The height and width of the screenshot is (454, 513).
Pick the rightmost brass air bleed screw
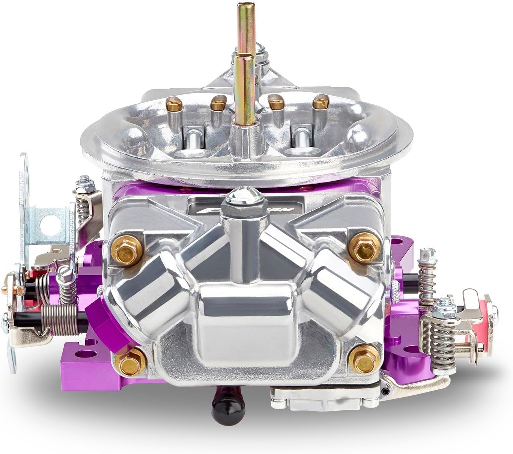[320, 102]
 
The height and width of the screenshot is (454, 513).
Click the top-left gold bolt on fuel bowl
[127, 249]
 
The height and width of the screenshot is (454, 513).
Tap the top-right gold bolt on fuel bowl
[364, 247]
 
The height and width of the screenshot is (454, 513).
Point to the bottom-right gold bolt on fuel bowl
[364, 359]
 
